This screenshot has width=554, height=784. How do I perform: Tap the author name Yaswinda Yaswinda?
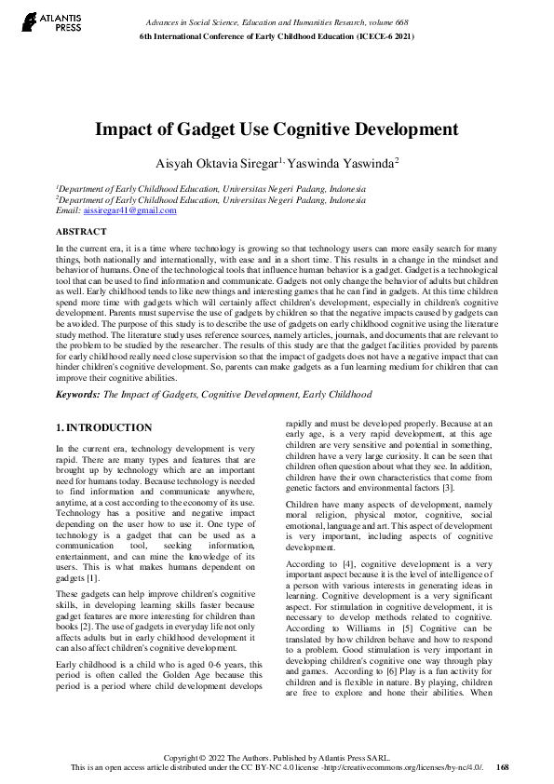[x=368, y=163]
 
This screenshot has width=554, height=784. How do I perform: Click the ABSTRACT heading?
[x=81, y=230]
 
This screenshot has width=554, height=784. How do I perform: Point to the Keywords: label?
[x=77, y=395]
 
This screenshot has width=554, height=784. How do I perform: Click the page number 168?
[x=503, y=767]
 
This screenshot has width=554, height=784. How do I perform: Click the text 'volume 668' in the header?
[x=389, y=21]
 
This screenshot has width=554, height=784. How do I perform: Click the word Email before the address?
[x=68, y=211]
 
